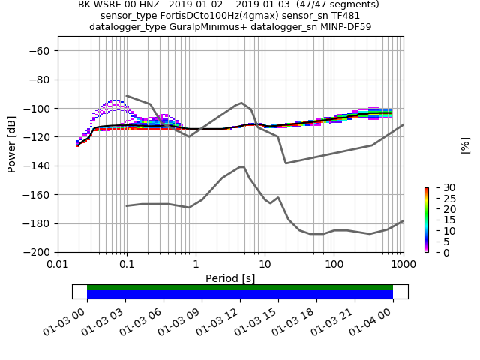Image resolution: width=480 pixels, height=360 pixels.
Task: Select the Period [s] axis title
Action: click(230, 278)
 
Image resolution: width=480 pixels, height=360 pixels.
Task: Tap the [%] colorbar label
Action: click(465, 145)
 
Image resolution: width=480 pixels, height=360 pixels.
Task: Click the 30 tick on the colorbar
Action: click(439, 187)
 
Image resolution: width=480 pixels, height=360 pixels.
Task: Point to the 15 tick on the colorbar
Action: click(439, 220)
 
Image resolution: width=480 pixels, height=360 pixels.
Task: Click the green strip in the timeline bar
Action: click(240, 287)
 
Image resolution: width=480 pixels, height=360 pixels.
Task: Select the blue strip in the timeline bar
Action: click(240, 295)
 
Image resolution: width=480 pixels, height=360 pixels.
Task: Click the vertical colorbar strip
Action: click(426, 220)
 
